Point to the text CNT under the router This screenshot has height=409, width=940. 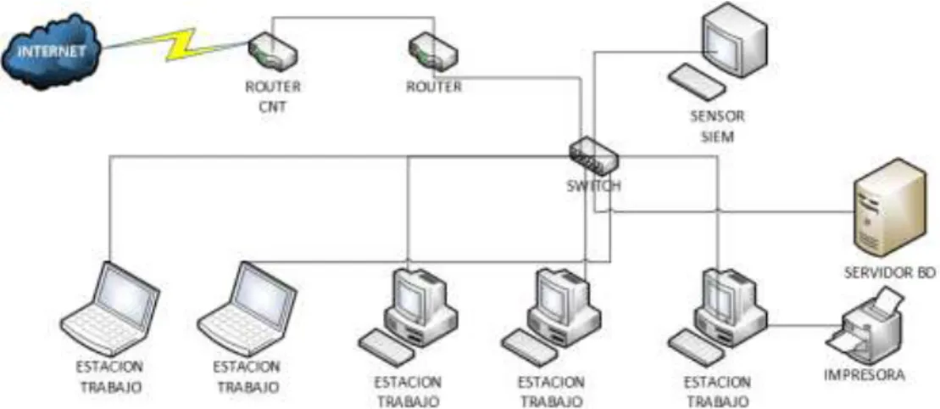[x=273, y=108]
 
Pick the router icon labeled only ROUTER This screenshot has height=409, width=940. [x=433, y=50]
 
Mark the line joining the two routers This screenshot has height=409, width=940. [x=353, y=18]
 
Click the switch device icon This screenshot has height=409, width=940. [x=593, y=156]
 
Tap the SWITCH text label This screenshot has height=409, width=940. [x=593, y=186]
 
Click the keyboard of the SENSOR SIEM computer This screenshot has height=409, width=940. [x=698, y=81]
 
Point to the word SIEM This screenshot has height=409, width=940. [x=717, y=137]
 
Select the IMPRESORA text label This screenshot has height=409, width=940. [x=864, y=375]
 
